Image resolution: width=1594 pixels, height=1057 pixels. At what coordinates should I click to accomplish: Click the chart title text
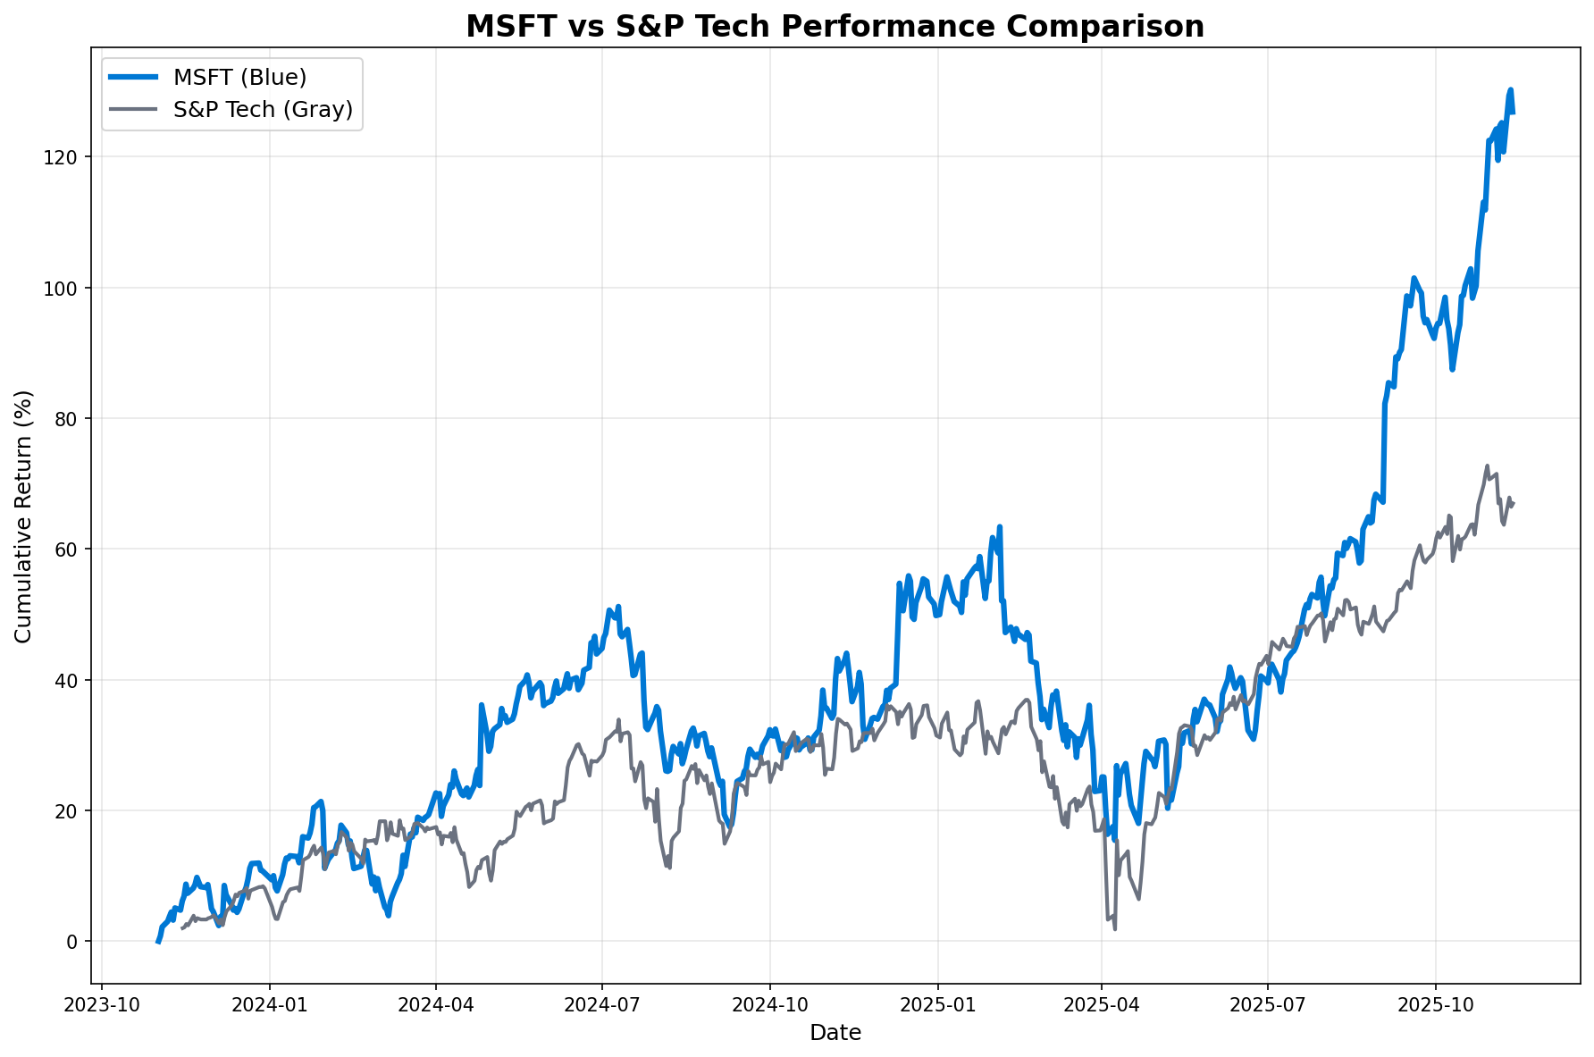click(x=835, y=27)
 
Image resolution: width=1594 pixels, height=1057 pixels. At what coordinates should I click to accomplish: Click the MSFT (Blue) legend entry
click(x=239, y=78)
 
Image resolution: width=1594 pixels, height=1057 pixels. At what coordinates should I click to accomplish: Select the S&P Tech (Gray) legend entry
click(x=263, y=109)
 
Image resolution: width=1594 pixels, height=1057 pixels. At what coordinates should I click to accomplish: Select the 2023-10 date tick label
click(x=102, y=1004)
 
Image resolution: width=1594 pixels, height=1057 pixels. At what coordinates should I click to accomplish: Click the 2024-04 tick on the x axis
click(x=436, y=1004)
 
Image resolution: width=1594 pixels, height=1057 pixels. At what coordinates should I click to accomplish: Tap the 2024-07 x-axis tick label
click(x=602, y=1004)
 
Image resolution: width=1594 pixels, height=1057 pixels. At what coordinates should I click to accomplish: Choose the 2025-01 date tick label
click(x=937, y=1004)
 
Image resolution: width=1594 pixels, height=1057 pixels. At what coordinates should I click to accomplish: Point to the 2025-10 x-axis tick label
click(x=1436, y=1004)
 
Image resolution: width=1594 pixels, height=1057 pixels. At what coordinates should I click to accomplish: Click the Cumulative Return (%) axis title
click(x=24, y=516)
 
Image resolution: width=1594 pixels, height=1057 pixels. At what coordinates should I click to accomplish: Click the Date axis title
click(x=835, y=1034)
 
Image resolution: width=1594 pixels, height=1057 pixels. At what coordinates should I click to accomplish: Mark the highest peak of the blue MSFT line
click(x=1510, y=89)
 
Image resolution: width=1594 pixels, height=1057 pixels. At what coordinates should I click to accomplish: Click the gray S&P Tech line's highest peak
click(x=1487, y=466)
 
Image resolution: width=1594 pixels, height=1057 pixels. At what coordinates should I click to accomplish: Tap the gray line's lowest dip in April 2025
click(x=1115, y=929)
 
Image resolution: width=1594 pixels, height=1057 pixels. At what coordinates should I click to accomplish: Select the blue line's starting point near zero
click(x=158, y=942)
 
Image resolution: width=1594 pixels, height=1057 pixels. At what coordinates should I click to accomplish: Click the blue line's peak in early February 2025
click(x=1000, y=527)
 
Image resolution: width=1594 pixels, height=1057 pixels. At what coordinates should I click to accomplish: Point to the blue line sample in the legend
click(x=134, y=78)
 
